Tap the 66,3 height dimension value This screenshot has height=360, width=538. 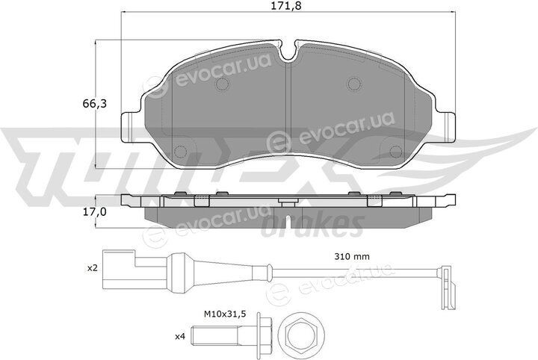pyautogui.click(x=94, y=103)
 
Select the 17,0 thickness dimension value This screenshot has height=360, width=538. pyautogui.click(x=94, y=212)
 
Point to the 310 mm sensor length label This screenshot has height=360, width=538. pyautogui.click(x=352, y=256)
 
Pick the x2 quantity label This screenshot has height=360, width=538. pyautogui.click(x=93, y=268)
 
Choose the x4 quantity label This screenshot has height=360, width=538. pyautogui.click(x=180, y=337)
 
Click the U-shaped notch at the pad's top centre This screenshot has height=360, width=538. pyautogui.click(x=289, y=50)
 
